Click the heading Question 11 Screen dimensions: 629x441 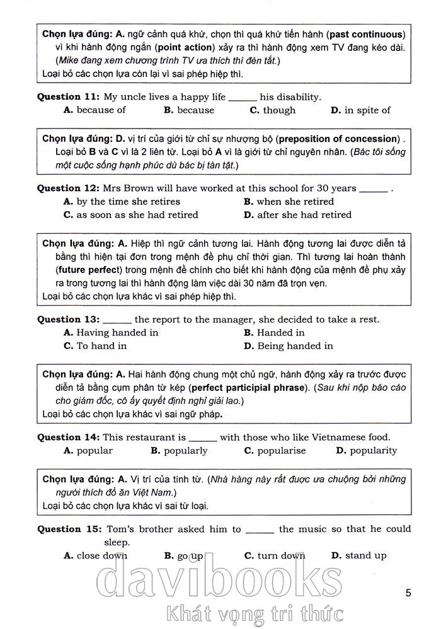[68, 97]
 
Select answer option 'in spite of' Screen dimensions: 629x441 [360, 110]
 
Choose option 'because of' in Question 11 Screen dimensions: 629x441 [95, 110]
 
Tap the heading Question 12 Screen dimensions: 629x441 [68, 188]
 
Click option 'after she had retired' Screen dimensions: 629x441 [297, 215]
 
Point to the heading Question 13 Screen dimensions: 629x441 [68, 320]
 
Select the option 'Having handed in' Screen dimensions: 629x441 [112, 333]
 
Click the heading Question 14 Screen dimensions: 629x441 [68, 437]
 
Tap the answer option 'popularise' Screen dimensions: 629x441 [275, 451]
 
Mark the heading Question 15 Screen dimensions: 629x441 [68, 529]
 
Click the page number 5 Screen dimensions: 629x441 [409, 593]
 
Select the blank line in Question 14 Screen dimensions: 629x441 [202, 438]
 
